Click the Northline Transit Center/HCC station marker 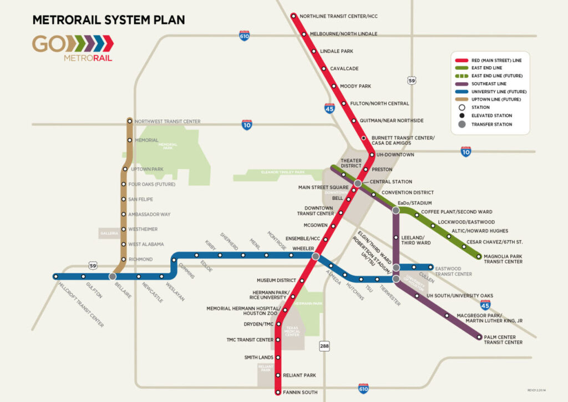click(294, 16)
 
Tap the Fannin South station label click(300, 393)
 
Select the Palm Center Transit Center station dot click(479, 337)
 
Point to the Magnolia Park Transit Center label click(503, 259)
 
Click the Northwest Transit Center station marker click(130, 120)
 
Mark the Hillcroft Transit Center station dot click(56, 276)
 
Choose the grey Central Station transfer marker click(358, 183)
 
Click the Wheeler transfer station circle click(315, 256)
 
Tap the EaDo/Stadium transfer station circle click(395, 210)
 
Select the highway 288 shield click(324, 346)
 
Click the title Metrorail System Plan click(109, 20)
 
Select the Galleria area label click(109, 234)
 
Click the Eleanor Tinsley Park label click(283, 172)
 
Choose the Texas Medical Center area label click(292, 331)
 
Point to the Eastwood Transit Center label click(453, 271)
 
